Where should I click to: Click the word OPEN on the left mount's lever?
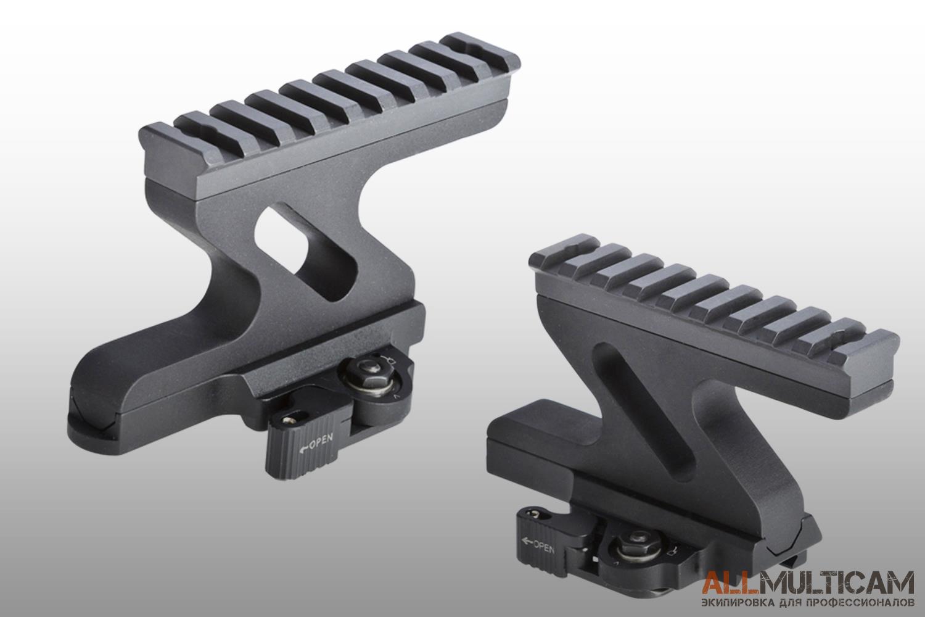(321, 442)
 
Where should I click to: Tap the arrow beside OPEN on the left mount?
(303, 449)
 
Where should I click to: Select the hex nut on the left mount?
(371, 366)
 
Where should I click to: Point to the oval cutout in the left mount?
(306, 252)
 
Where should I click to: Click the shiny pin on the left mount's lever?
(286, 420)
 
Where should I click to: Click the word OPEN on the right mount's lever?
(544, 547)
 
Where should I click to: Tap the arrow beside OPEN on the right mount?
(527, 540)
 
